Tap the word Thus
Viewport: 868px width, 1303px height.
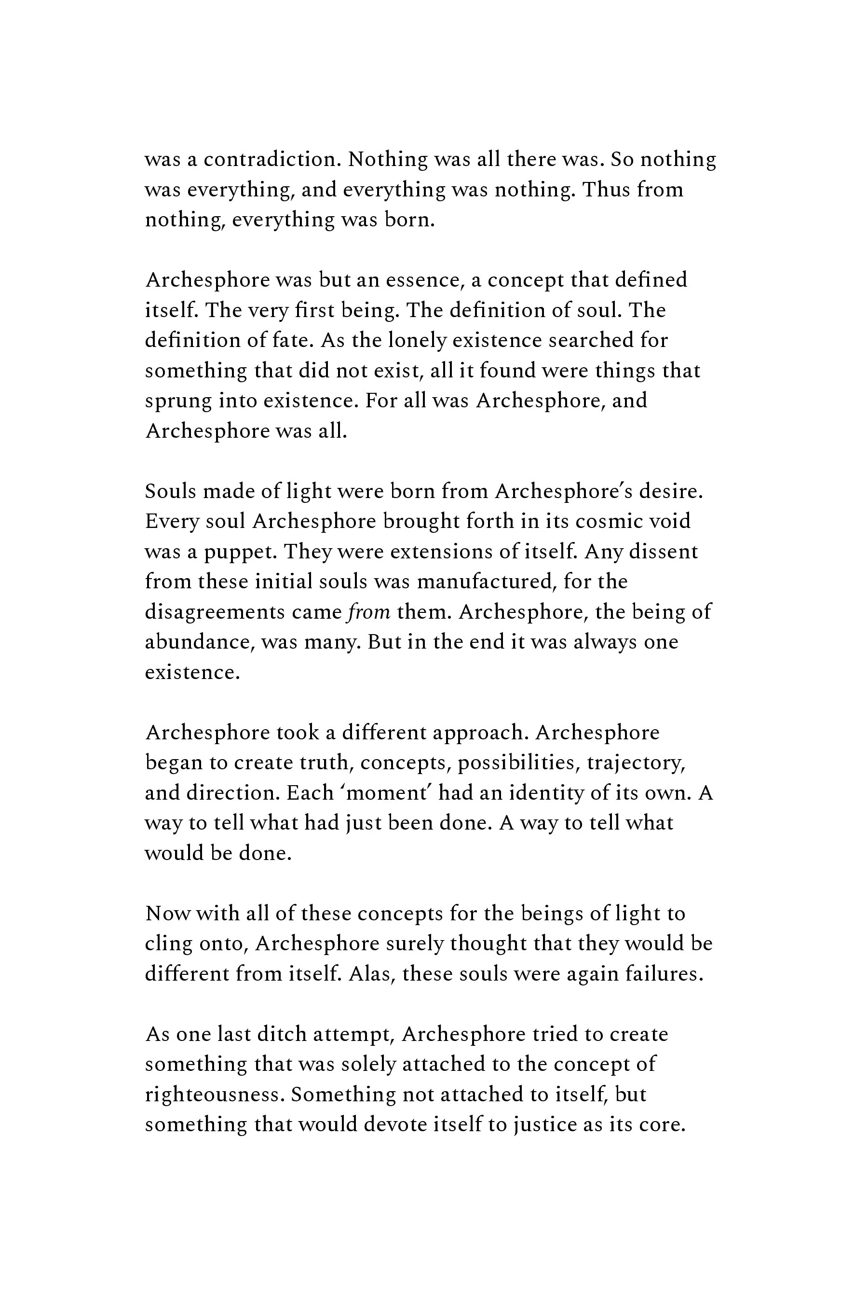(605, 190)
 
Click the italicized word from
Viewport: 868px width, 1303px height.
(369, 612)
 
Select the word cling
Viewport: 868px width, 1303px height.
(168, 944)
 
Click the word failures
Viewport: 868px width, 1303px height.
(665, 974)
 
